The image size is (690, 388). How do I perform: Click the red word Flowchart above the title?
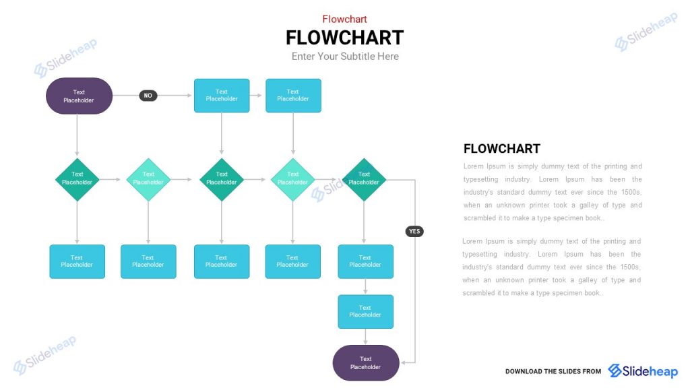pyautogui.click(x=344, y=19)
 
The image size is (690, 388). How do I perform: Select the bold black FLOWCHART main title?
pyautogui.click(x=344, y=37)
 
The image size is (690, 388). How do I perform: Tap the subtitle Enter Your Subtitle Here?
pyautogui.click(x=345, y=57)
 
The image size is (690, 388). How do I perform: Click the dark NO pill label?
pyautogui.click(x=148, y=96)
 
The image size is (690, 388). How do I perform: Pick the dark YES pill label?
pyautogui.click(x=414, y=231)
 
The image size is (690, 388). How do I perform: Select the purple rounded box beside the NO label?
pyautogui.click(x=79, y=96)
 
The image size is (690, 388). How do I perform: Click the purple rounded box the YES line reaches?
pyautogui.click(x=366, y=362)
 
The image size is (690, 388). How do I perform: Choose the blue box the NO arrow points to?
pyautogui.click(x=222, y=96)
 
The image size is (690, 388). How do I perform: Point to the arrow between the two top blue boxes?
pyautogui.click(x=257, y=96)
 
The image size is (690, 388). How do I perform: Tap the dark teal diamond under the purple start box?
pyautogui.click(x=77, y=179)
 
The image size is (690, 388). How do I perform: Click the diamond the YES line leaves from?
pyautogui.click(x=364, y=179)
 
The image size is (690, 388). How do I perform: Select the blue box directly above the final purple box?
pyautogui.click(x=365, y=311)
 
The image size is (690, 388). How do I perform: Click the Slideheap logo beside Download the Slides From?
pyautogui.click(x=643, y=371)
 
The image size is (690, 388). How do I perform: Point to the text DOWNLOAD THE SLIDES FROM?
pyautogui.click(x=553, y=372)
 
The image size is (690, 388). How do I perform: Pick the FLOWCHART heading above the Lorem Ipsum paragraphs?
pyautogui.click(x=502, y=149)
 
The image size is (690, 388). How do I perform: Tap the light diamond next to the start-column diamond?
pyautogui.click(x=148, y=179)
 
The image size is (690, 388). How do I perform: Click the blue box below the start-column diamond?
pyautogui.click(x=77, y=261)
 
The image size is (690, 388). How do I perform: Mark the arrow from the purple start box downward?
pyautogui.click(x=77, y=135)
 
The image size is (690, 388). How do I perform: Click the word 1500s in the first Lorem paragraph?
pyautogui.click(x=630, y=192)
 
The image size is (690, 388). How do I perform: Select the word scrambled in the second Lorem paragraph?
pyautogui.click(x=480, y=293)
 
